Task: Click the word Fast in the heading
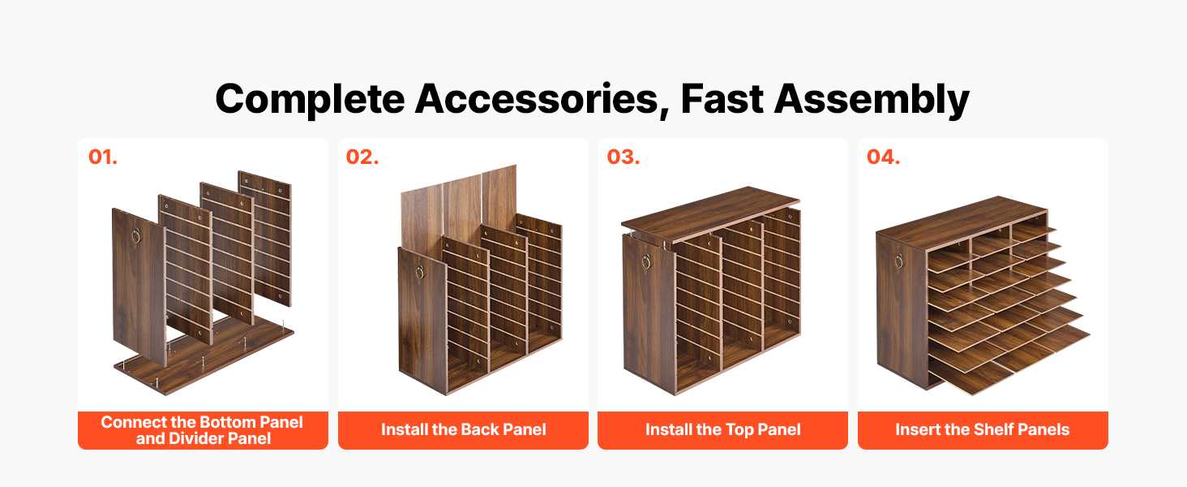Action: pyautogui.click(x=722, y=99)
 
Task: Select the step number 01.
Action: pyautogui.click(x=103, y=157)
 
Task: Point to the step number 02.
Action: pyautogui.click(x=362, y=157)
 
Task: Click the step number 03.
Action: pyautogui.click(x=623, y=157)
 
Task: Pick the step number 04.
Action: pyautogui.click(x=884, y=157)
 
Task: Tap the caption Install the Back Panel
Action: pyautogui.click(x=463, y=429)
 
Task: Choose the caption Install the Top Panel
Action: pyautogui.click(x=722, y=429)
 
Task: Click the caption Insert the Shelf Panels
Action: pyautogui.click(x=983, y=429)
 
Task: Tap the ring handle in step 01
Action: pyautogui.click(x=135, y=236)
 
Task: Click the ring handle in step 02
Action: pyautogui.click(x=420, y=272)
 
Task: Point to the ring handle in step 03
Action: pyautogui.click(x=646, y=261)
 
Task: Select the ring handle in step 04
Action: pyautogui.click(x=899, y=260)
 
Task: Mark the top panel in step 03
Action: pyautogui.click(x=710, y=213)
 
